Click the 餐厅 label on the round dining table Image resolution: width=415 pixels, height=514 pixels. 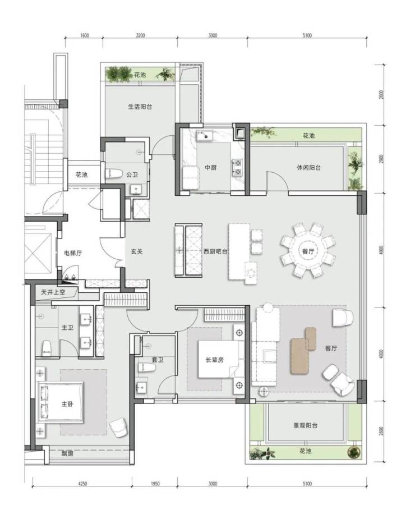pyautogui.click(x=308, y=251)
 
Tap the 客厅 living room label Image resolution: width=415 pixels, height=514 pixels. pyautogui.click(x=331, y=348)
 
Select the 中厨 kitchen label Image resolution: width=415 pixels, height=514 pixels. pyautogui.click(x=211, y=168)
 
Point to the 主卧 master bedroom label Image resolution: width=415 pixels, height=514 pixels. pyautogui.click(x=67, y=404)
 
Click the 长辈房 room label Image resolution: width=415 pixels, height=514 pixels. pyautogui.click(x=215, y=360)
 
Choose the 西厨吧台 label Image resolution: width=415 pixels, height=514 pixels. pyautogui.click(x=215, y=251)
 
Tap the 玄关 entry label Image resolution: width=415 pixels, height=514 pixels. pyautogui.click(x=137, y=251)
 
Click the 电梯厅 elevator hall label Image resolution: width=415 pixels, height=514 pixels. pyautogui.click(x=73, y=253)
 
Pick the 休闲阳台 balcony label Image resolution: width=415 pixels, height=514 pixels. pyautogui.click(x=308, y=168)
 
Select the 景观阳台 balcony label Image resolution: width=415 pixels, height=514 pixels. pyautogui.click(x=305, y=425)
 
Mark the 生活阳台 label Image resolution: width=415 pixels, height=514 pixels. pyautogui.click(x=140, y=107)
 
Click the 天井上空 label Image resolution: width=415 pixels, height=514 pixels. pyautogui.click(x=53, y=292)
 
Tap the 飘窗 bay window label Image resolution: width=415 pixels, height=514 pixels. pyautogui.click(x=67, y=454)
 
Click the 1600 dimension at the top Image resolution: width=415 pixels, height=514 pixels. pyautogui.click(x=84, y=35)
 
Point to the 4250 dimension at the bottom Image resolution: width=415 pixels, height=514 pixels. pyautogui.click(x=82, y=484)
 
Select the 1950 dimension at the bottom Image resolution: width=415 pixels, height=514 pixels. pyautogui.click(x=155, y=484)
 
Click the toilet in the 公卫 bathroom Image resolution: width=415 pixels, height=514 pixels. pyautogui.click(x=113, y=174)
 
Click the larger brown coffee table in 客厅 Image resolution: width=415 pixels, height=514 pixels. pyautogui.click(x=301, y=356)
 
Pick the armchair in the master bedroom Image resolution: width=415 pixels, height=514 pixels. pyautogui.click(x=118, y=427)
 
